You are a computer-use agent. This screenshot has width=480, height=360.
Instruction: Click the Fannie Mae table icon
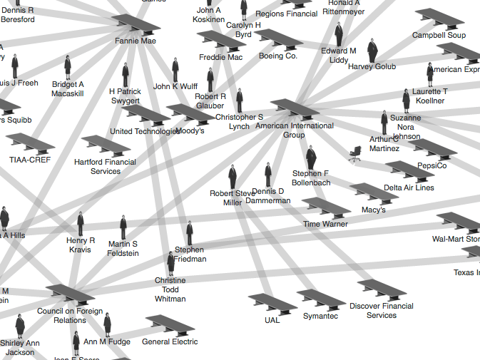(136, 26)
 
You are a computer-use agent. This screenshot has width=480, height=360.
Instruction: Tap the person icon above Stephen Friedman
(190, 233)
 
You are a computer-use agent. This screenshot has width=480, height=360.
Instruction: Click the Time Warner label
(326, 224)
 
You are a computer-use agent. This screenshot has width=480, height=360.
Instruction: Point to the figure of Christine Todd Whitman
(170, 264)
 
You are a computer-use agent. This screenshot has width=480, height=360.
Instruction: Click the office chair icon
(354, 154)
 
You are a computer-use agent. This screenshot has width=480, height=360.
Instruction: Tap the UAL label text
(272, 320)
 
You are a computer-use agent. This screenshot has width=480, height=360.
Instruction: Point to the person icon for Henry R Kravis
(81, 224)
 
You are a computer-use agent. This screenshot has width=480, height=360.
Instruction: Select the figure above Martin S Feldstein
(123, 227)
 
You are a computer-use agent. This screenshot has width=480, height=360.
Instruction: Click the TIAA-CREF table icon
(31, 144)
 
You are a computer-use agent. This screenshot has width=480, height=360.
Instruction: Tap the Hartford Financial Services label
(106, 167)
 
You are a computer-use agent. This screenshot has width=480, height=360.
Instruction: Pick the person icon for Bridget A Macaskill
(68, 68)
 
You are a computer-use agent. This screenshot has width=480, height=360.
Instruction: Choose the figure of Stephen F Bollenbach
(311, 158)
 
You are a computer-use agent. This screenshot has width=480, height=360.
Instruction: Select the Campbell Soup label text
(439, 35)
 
